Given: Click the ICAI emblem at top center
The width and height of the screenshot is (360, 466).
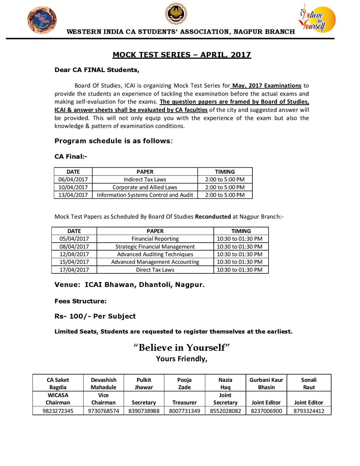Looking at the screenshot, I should [176, 14].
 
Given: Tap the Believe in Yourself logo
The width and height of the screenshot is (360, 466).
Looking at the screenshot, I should [317, 18].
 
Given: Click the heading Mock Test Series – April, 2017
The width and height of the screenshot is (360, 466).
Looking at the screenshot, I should [182, 55].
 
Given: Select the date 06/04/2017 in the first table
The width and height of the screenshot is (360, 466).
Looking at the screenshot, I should [73, 179].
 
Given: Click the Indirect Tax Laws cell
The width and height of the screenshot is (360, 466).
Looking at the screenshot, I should [145, 179].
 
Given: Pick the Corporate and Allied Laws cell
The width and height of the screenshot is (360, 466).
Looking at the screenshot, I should [145, 187].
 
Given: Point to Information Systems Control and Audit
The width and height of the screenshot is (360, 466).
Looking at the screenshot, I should [145, 195].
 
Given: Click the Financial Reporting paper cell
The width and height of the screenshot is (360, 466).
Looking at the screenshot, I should [155, 239].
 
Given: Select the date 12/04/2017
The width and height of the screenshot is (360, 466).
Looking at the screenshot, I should [74, 254].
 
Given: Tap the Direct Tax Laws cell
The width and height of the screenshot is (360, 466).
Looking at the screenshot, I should [155, 270].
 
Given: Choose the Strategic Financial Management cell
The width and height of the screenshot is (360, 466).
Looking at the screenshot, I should [155, 246].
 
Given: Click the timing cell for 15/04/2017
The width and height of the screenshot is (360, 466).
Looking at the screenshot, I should [241, 262].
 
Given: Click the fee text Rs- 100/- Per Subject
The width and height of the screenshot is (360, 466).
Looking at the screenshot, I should [95, 316].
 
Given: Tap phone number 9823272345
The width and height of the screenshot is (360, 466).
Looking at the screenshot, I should [58, 411].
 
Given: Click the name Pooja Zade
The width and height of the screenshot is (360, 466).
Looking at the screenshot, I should [184, 383].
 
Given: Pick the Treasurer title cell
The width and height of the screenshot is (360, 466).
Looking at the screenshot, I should [184, 403].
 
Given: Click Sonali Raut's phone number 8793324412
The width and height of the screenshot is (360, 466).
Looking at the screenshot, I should [309, 411].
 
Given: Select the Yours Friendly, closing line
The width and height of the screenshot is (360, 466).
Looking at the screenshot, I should [182, 359].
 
